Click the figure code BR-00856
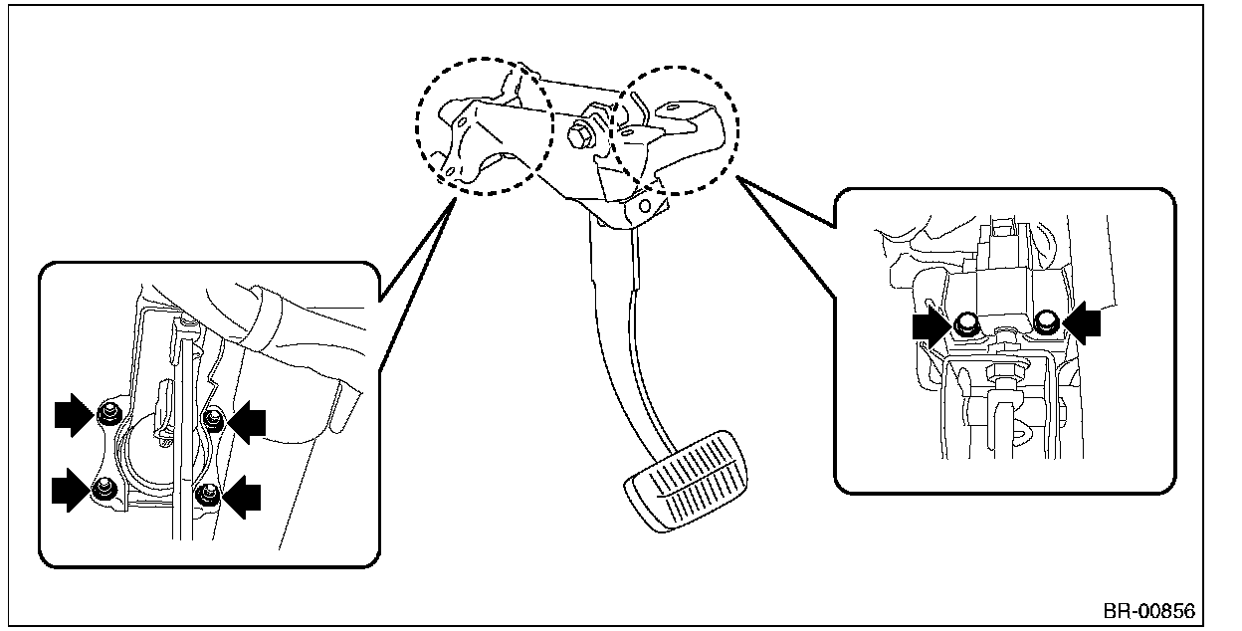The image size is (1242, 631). pyautogui.click(x=1148, y=610)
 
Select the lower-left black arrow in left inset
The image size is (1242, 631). pyautogui.click(x=71, y=492)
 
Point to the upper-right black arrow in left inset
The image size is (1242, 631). pyautogui.click(x=247, y=422)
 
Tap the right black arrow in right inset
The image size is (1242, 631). pyautogui.click(x=1084, y=324)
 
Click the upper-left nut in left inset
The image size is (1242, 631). pyautogui.click(x=109, y=412)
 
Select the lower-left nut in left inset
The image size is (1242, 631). pyautogui.click(x=103, y=488)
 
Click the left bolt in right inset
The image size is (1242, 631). pyautogui.click(x=963, y=323)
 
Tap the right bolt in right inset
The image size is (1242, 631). pyautogui.click(x=1045, y=320)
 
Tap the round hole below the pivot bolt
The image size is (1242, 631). pyautogui.click(x=644, y=206)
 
